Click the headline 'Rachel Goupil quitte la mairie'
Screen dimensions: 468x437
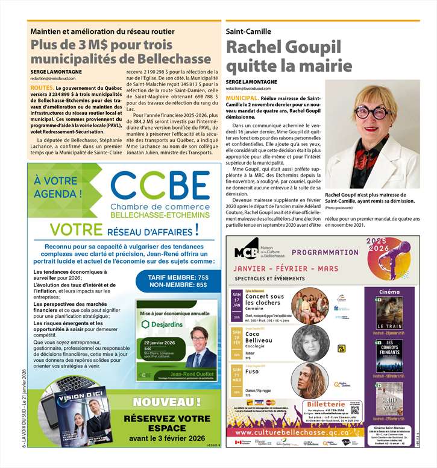283,55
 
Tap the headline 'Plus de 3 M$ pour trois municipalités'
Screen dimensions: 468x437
101,52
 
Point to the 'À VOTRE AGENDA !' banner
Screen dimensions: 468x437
56,187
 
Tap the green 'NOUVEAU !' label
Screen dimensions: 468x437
166,402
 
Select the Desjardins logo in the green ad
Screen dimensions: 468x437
163,324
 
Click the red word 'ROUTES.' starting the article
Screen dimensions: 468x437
42,88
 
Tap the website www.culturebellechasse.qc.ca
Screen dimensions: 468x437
292,432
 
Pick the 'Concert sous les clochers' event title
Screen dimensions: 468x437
264,300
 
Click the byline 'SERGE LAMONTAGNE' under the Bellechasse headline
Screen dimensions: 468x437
56,71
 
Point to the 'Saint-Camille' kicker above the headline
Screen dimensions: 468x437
248,31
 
